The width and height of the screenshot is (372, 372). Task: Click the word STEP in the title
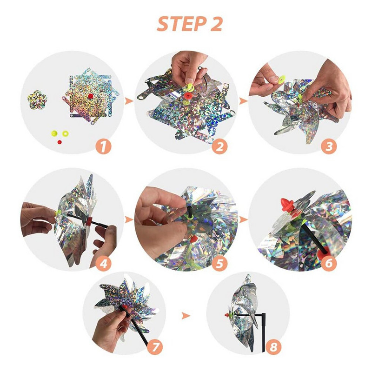tap(181, 24)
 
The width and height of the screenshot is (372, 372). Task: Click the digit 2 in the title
tap(216, 24)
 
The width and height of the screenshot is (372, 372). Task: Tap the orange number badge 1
tap(103, 147)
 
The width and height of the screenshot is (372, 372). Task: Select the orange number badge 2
tap(219, 147)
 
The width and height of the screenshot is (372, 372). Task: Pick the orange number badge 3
tap(329, 147)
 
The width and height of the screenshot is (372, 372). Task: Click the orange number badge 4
tap(104, 263)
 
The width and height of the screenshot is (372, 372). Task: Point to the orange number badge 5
tap(219, 263)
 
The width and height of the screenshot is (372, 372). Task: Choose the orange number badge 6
tap(329, 263)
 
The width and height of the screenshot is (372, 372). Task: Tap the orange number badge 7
tap(155, 347)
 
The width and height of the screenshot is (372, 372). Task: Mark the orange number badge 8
tap(273, 347)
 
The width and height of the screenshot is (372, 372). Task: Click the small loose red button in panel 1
tap(60, 142)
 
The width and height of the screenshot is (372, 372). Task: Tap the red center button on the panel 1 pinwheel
tap(91, 96)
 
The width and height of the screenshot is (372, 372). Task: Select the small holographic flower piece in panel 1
tap(37, 100)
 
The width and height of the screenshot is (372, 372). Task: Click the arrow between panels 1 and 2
tap(129, 101)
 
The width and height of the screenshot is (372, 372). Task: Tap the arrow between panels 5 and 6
tap(243, 219)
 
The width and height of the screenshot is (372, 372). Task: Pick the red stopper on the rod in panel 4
tap(89, 222)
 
